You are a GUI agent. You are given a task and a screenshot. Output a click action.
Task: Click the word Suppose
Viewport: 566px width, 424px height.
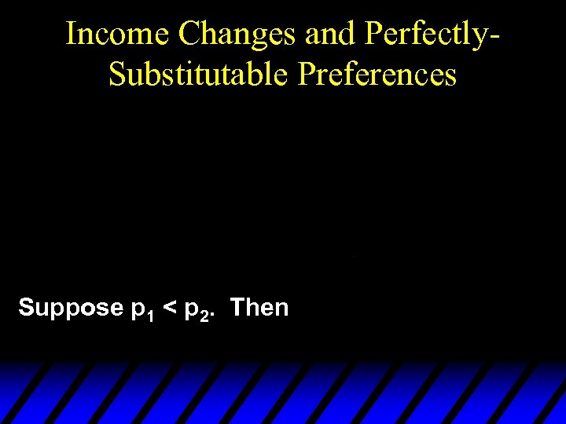(70, 308)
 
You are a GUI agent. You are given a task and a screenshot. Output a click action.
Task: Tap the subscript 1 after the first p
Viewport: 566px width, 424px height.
(149, 314)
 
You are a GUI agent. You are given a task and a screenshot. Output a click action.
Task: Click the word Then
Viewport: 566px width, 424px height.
(259, 307)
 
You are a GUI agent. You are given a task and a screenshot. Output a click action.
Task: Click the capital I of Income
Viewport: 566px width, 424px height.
(71, 34)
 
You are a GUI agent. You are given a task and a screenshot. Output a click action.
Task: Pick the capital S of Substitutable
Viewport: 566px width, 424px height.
(116, 75)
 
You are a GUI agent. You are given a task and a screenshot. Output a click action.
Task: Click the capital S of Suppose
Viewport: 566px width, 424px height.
(26, 307)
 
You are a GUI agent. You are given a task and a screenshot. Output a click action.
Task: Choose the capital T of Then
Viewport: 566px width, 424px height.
(237, 307)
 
